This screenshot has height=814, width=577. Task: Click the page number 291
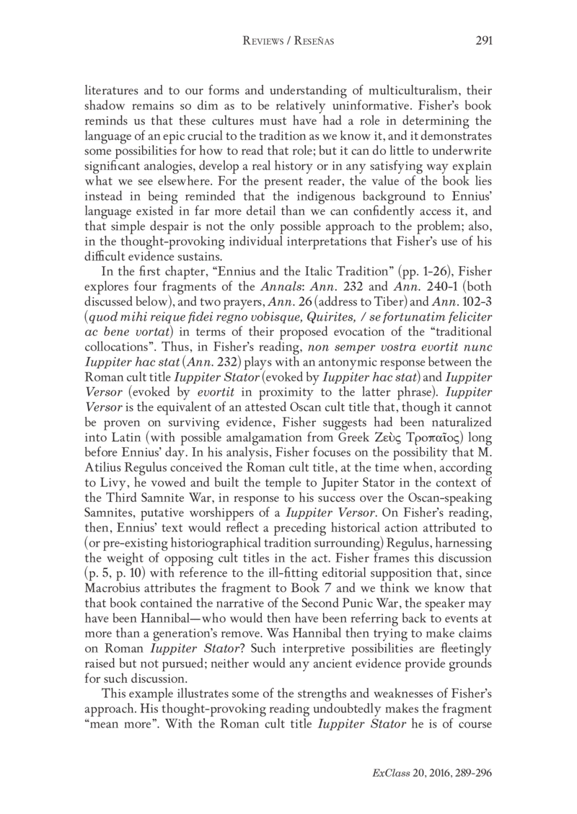tap(483, 40)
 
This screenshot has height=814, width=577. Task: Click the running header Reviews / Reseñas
tap(288, 41)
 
